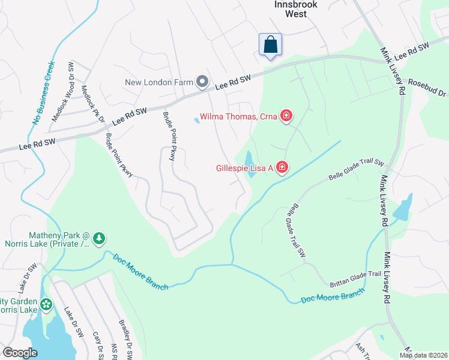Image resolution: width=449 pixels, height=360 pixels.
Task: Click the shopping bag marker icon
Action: click(270, 44)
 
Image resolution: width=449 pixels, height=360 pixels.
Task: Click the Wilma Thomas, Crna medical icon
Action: click(286, 116)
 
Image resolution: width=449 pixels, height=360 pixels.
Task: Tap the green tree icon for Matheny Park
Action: click(99, 239)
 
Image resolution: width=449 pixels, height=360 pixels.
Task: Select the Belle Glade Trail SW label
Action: click(357, 170)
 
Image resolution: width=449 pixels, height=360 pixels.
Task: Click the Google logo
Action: click(20, 353)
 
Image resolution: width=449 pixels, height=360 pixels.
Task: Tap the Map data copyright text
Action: click(423, 355)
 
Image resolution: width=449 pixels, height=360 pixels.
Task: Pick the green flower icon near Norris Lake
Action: click(46, 305)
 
